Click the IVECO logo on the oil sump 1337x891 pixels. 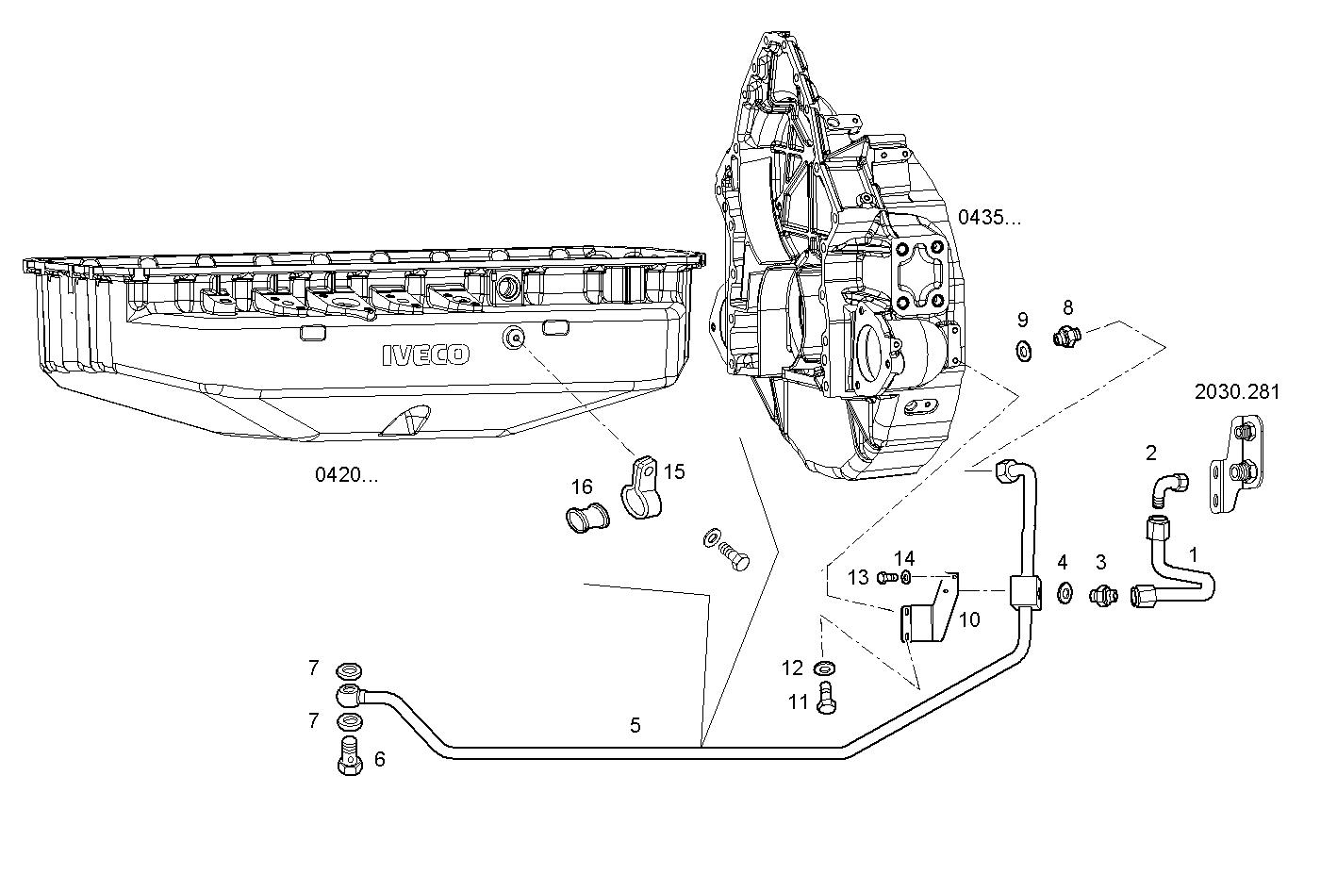pos(425,355)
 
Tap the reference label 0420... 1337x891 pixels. pos(346,475)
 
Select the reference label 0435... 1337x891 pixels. pos(989,218)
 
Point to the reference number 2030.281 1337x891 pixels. pos(1237,392)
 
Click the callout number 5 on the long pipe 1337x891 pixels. pos(635,725)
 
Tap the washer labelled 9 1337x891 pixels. pos(1024,352)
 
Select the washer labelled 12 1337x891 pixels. pos(822,669)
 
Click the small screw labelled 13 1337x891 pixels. pos(885,577)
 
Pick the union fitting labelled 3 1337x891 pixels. pos(1101,595)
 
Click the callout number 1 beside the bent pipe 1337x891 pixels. pos(1194,555)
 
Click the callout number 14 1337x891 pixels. pos(904,558)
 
